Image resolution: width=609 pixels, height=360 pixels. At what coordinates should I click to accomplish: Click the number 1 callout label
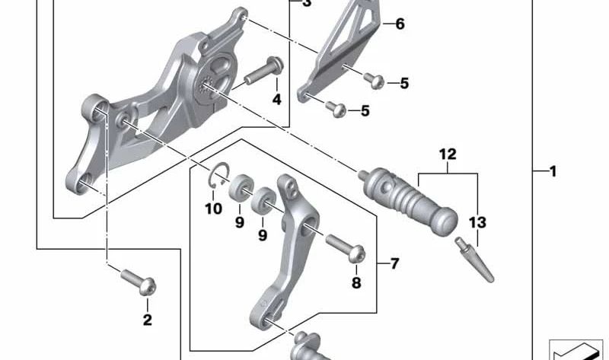click(553, 172)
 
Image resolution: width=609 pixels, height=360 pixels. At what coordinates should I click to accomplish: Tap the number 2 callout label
click(147, 320)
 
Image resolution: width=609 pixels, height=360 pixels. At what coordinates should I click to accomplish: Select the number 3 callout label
click(307, 4)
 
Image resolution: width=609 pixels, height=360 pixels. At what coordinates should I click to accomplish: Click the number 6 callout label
click(400, 24)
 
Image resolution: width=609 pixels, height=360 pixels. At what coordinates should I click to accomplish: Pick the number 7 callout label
click(394, 265)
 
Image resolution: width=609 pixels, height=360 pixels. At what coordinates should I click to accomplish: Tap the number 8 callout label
click(356, 284)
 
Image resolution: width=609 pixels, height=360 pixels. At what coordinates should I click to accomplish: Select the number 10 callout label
click(214, 209)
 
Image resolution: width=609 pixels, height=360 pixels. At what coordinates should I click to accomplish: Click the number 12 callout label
click(447, 155)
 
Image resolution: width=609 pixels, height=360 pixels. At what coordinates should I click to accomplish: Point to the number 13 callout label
click(477, 223)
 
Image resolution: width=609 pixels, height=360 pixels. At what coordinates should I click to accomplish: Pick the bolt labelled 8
click(346, 249)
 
